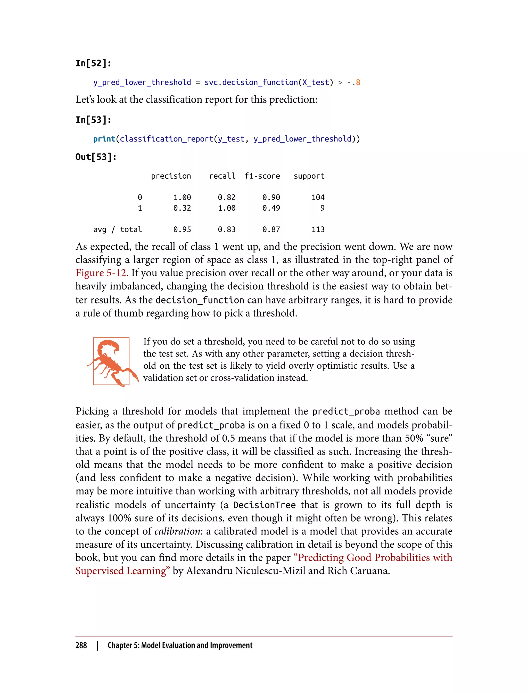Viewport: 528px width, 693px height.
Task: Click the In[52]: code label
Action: [93, 63]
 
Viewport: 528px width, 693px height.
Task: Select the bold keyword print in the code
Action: [104, 139]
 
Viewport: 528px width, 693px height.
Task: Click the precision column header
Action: [171, 176]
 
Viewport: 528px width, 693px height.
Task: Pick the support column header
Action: [309, 176]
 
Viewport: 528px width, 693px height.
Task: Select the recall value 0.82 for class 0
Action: [226, 197]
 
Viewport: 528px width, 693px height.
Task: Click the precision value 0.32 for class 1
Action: [182, 208]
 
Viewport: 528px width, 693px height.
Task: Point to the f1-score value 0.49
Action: [271, 208]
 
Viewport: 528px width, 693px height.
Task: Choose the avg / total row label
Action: [118, 229]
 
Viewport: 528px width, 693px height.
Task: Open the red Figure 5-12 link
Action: [101, 273]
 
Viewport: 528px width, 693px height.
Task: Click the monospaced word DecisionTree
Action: [264, 505]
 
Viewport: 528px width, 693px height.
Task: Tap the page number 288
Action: [81, 645]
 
